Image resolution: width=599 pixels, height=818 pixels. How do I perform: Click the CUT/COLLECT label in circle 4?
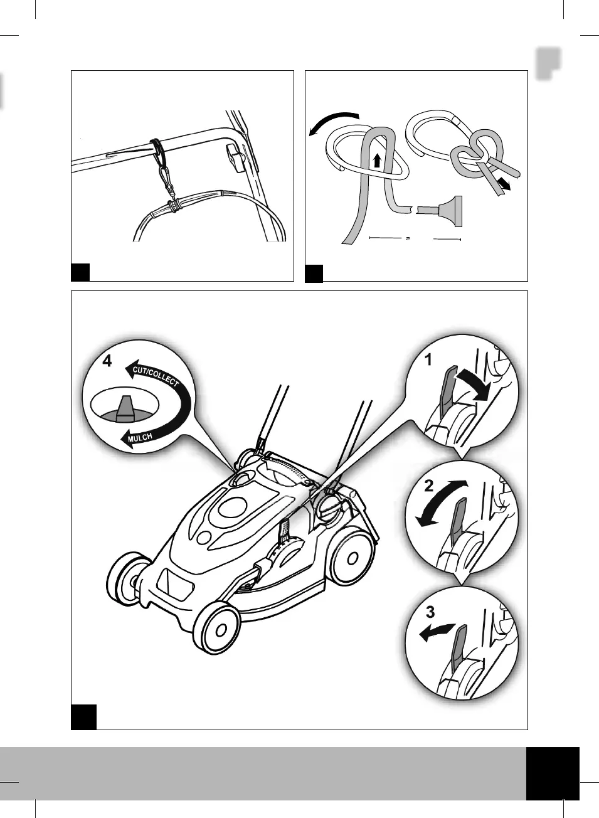click(x=156, y=376)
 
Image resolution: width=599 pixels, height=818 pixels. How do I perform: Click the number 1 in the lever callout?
click(x=429, y=360)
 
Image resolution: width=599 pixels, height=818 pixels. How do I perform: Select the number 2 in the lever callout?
click(x=429, y=486)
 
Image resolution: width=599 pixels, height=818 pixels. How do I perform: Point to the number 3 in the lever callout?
click(x=430, y=611)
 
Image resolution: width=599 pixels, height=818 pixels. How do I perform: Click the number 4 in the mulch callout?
click(x=107, y=361)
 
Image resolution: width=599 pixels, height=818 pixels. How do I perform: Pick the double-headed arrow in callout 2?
click(x=442, y=503)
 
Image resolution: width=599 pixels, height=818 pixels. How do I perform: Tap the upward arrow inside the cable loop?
click(x=376, y=159)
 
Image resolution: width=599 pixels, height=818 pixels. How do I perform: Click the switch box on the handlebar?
click(x=235, y=157)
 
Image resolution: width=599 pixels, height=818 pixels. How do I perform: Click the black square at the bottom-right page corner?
click(x=552, y=773)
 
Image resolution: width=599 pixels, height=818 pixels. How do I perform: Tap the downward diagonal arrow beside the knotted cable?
click(x=502, y=183)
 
